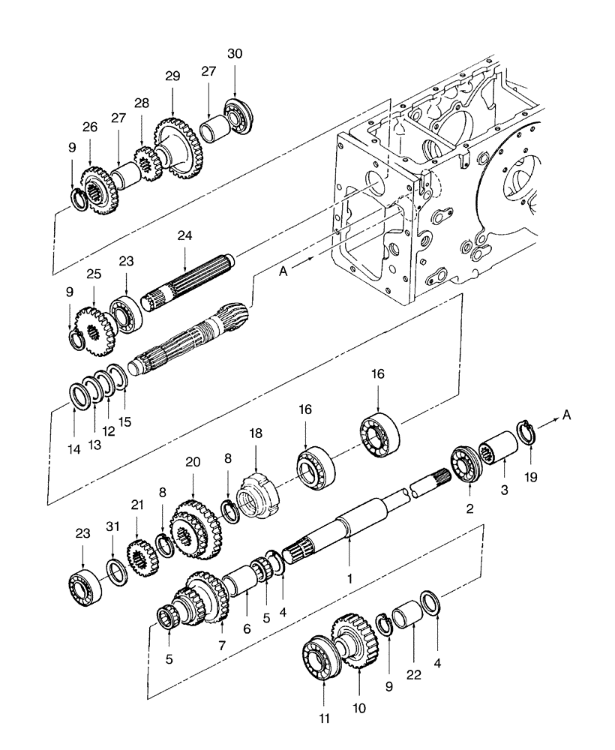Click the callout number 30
(x=235, y=54)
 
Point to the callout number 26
(x=90, y=128)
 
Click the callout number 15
(x=124, y=422)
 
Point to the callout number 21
(x=136, y=505)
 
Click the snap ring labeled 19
(x=529, y=434)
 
